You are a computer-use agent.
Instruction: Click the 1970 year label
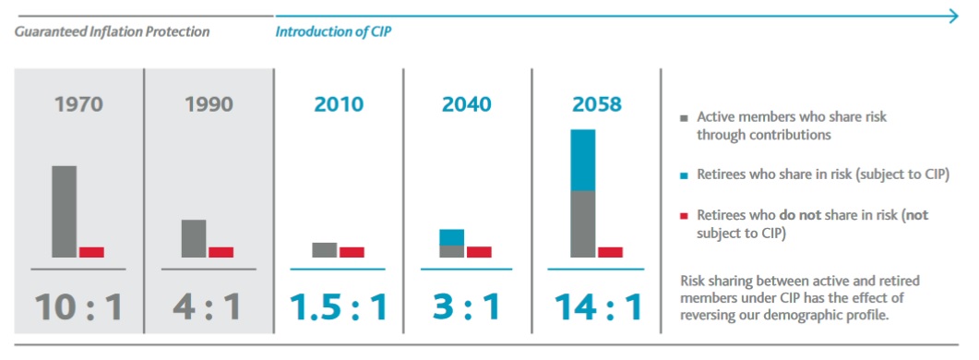78,104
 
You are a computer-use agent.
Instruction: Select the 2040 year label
467,104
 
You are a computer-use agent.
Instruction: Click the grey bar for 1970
64,211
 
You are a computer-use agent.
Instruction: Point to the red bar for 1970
91,252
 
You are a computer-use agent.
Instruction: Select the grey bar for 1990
194,238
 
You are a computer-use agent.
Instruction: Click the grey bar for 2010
325,250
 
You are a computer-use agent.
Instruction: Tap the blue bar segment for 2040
451,237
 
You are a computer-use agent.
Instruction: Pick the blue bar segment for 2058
582,160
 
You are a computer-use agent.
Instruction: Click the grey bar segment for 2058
582,223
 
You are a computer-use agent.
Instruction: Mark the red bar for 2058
610,252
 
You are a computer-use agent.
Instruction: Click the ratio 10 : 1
78,306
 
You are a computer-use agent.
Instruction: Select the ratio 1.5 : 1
338,306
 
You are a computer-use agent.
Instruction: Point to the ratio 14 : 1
597,306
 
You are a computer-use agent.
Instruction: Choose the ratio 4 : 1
208,306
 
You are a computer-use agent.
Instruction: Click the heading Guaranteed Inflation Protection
112,31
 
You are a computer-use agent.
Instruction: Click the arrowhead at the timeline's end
957,15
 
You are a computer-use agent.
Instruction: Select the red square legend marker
683,215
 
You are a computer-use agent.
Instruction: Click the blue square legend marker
683,174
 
